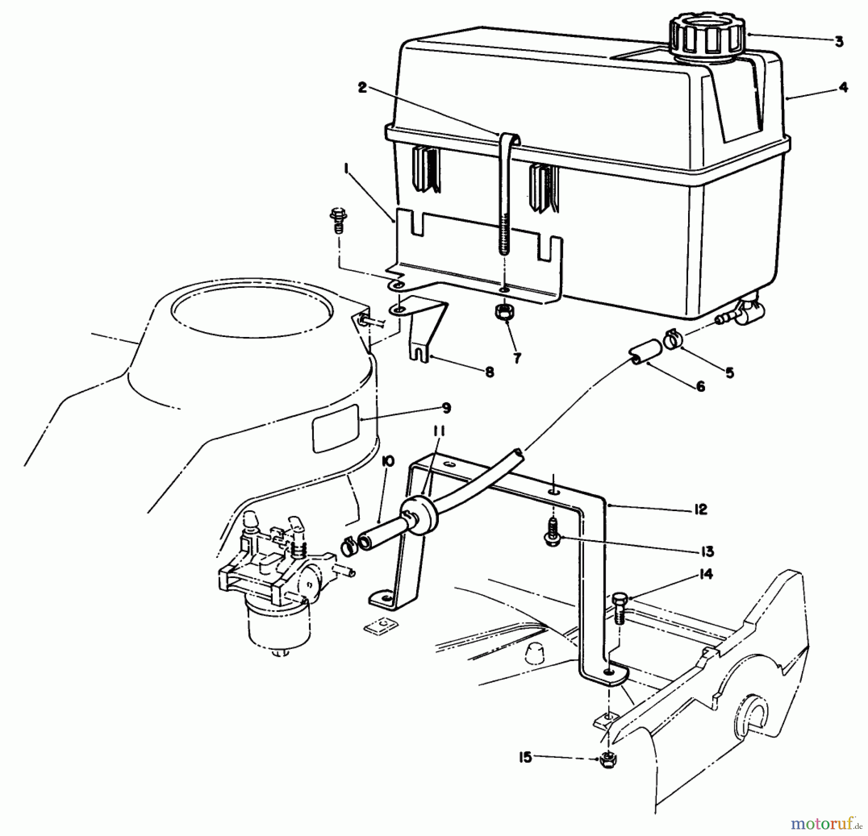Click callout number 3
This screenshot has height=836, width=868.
coord(839,42)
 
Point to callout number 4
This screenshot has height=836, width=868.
coord(843,87)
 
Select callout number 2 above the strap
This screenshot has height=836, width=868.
coord(363,88)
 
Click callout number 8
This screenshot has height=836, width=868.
coord(489,372)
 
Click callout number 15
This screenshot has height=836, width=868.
coord(525,757)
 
